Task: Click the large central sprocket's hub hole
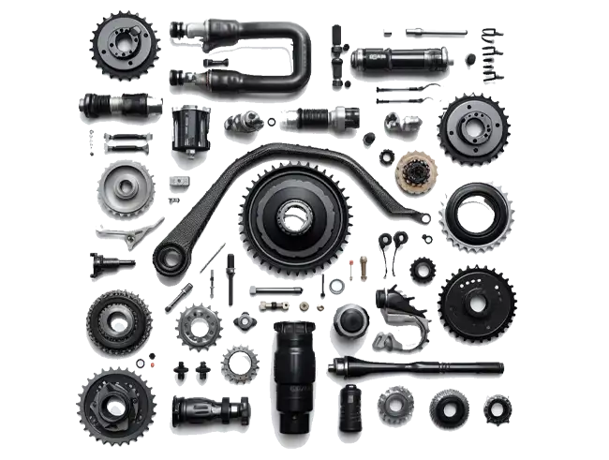click(293, 217)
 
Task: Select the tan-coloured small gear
click(413, 171)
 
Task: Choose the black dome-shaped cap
click(350, 322)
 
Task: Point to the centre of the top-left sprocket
click(124, 41)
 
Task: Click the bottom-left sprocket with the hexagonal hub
click(113, 406)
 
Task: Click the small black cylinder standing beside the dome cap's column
click(350, 407)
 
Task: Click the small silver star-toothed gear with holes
click(198, 327)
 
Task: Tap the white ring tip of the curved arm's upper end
click(425, 218)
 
